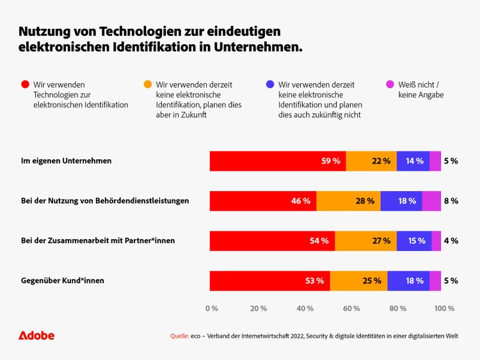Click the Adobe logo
click(x=36, y=336)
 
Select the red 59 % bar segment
click(x=278, y=161)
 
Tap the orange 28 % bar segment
click(x=348, y=201)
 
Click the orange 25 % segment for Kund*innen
click(x=358, y=281)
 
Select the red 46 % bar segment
click(x=263, y=201)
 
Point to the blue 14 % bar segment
click(x=413, y=161)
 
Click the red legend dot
click(x=25, y=84)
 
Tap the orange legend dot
click(x=147, y=84)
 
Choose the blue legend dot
click(x=269, y=84)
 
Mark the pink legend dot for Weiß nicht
click(x=390, y=84)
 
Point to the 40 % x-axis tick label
click(x=305, y=308)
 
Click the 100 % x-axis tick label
click(x=444, y=308)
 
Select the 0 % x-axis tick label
click(x=212, y=308)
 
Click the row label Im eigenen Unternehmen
click(x=66, y=161)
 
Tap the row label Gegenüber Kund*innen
click(x=62, y=281)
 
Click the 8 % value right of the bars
click(x=451, y=201)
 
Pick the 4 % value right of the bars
click(x=451, y=241)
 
